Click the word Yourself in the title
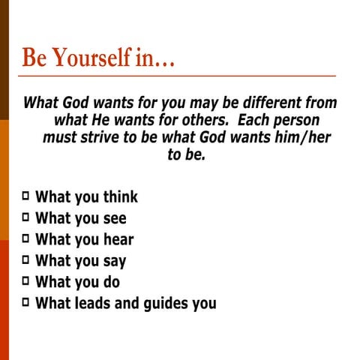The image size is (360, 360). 88,58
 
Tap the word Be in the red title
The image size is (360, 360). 34,58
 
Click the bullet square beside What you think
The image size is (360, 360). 26,196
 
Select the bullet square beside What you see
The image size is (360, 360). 26,217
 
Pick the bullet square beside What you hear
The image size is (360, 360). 26,239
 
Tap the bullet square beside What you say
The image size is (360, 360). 26,260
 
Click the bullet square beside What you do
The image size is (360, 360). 26,282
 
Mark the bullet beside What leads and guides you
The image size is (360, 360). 26,303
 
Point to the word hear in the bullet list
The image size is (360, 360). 116,240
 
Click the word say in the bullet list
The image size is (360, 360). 112,262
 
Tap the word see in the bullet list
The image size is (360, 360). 112,219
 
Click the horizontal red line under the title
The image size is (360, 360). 180,76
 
